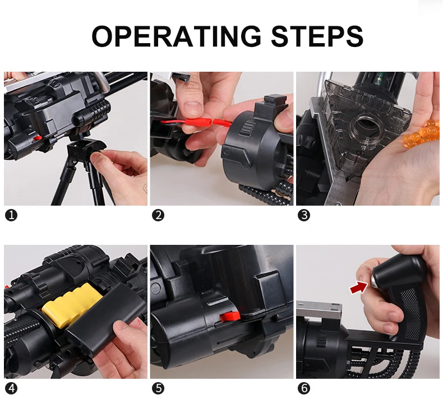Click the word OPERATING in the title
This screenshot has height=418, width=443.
176,36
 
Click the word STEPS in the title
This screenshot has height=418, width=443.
317,36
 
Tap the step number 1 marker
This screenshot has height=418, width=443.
11,215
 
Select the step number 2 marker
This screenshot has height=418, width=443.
158,215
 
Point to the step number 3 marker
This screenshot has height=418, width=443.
304,215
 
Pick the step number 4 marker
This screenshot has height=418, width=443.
11,388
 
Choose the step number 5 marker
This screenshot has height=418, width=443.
158,388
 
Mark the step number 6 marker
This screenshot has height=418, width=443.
304,388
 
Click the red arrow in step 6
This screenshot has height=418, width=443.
358,287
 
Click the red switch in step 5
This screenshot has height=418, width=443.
229,317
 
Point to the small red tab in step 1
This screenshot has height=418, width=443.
38,138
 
